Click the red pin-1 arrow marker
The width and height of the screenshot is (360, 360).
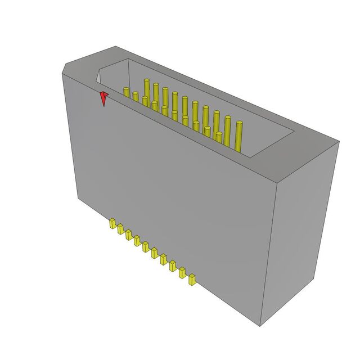[103, 98]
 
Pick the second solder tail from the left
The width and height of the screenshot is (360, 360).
[120, 228]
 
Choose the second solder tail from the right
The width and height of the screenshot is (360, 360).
[183, 273]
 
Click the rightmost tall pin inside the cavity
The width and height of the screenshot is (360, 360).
[239, 135]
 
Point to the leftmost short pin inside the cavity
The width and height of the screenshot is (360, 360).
[127, 93]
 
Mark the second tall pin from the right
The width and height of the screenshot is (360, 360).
[228, 130]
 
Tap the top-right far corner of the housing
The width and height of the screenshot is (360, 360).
[339, 141]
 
